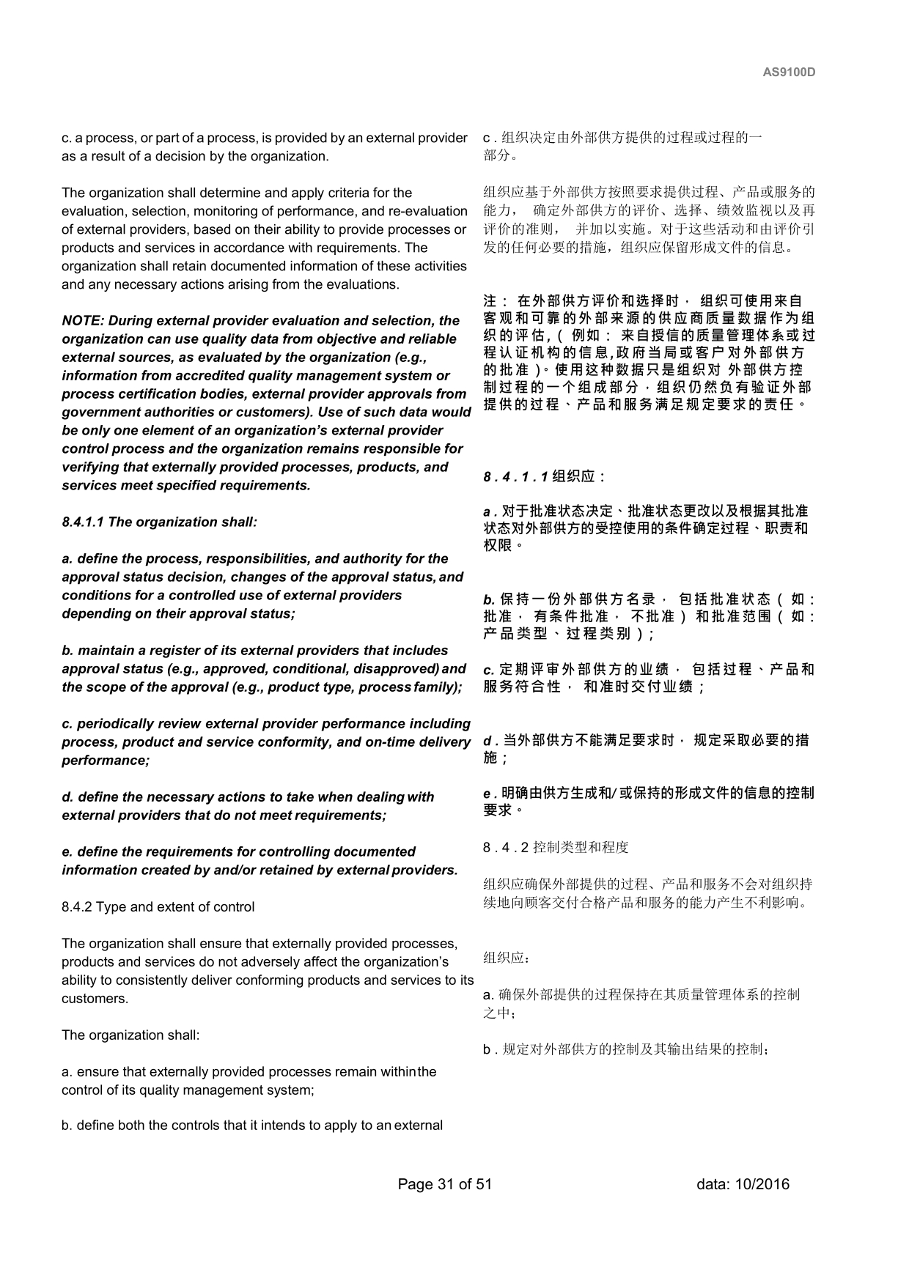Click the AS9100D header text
point(789,73)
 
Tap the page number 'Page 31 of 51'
point(444,1184)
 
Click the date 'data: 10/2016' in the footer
point(743,1184)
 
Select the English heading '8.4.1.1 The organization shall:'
point(160,522)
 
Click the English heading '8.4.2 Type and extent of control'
point(158,907)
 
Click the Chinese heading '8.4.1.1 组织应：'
point(545,477)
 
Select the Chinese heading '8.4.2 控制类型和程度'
point(556,848)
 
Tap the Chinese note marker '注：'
point(497,301)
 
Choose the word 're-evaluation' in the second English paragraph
point(430,211)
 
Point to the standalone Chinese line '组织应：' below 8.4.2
point(507,958)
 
